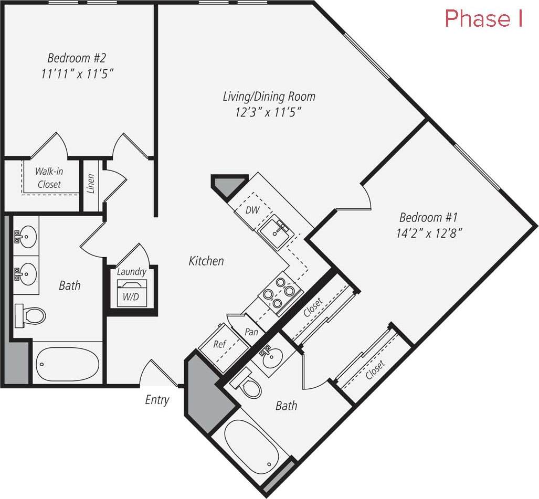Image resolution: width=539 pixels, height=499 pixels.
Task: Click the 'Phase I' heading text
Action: [x=483, y=19]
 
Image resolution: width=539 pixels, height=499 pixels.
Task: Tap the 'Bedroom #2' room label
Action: [x=77, y=57]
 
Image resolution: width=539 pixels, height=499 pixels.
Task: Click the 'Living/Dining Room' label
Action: [x=269, y=96]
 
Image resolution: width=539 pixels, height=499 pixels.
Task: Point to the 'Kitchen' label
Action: [x=206, y=261]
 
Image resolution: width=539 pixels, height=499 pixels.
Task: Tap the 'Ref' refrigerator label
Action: [x=219, y=344]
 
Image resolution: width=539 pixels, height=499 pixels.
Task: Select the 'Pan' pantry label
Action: [x=251, y=332]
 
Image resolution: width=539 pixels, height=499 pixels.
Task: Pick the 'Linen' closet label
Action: [x=91, y=184]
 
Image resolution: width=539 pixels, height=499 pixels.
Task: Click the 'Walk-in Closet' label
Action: [x=48, y=178]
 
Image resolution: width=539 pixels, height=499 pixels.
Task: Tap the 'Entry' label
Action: [x=157, y=400]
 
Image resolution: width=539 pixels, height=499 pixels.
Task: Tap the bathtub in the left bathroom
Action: [x=67, y=363]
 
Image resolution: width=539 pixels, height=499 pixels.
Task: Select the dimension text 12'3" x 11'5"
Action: [x=269, y=112]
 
